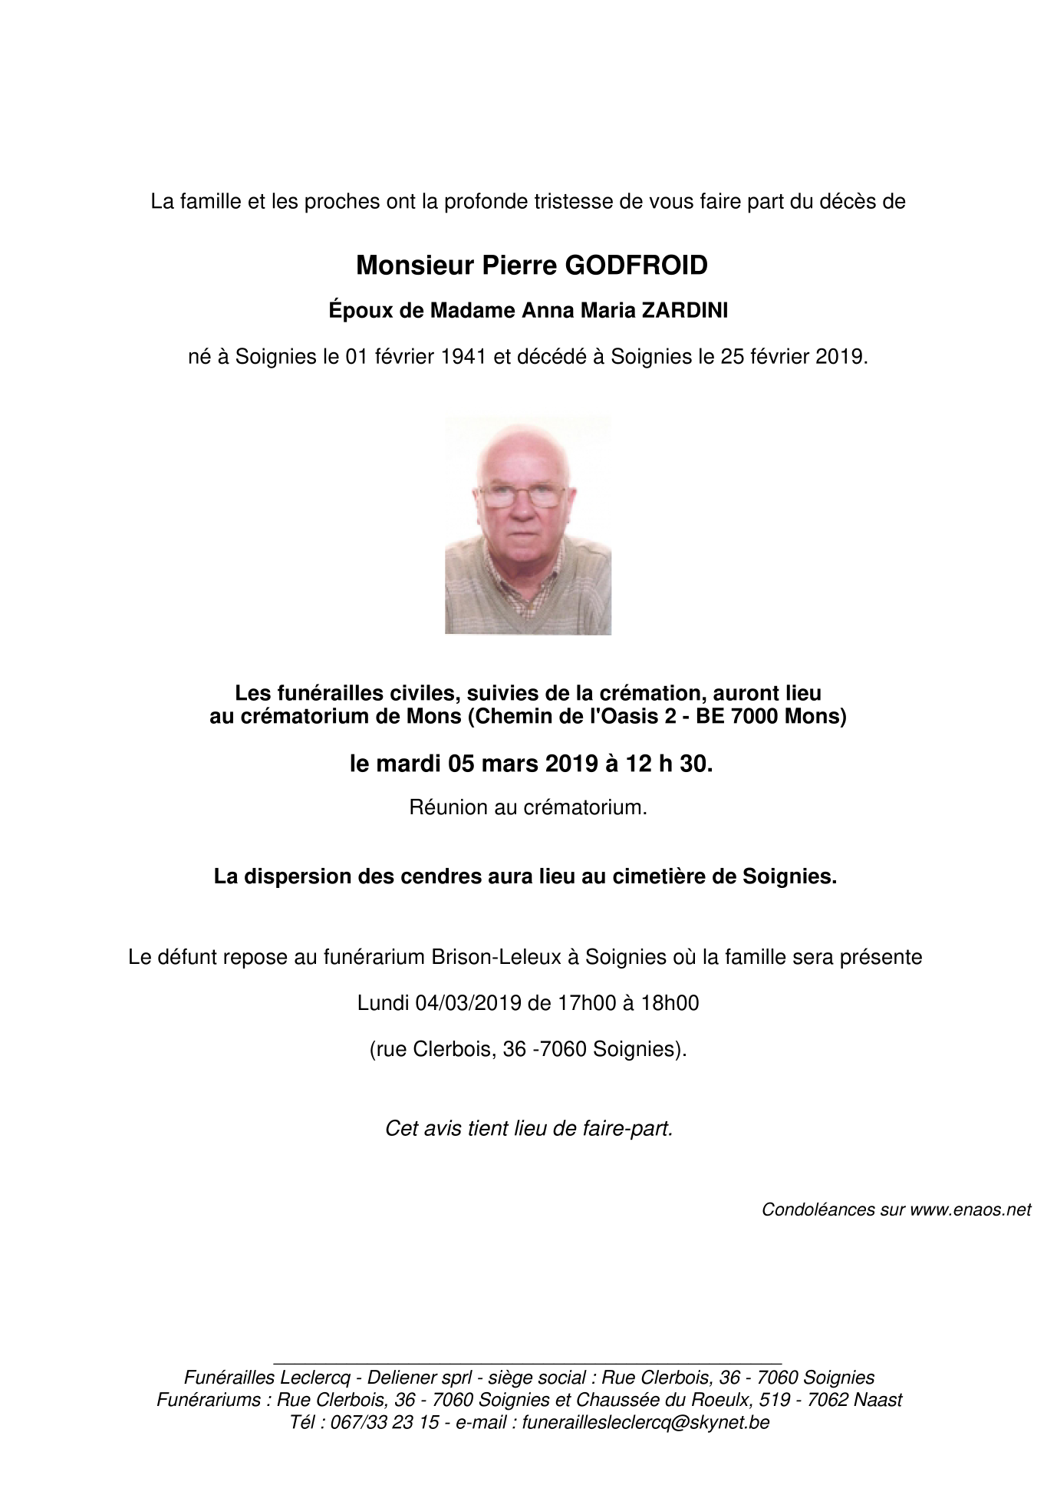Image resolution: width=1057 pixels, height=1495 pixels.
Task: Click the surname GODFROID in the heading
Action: point(636,266)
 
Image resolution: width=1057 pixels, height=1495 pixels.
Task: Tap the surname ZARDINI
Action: point(684,311)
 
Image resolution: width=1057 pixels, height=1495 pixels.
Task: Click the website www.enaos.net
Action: point(970,1210)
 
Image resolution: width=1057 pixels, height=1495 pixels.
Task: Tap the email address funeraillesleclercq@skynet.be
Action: point(645,1422)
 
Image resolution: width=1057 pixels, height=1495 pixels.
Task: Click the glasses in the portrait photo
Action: point(528,497)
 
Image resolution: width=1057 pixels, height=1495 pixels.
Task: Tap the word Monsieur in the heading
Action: point(415,266)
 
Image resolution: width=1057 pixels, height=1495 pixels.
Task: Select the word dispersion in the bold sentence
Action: point(295,876)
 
